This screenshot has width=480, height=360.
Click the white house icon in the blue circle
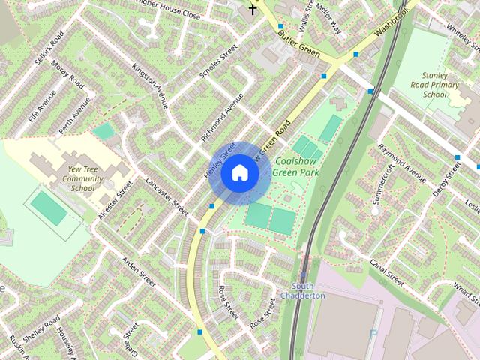click(x=238, y=173)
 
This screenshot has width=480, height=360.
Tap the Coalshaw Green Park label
click(x=298, y=166)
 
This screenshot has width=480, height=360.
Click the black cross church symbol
click(x=253, y=9)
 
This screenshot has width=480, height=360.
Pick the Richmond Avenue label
click(x=222, y=118)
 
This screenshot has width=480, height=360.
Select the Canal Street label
click(x=387, y=273)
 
